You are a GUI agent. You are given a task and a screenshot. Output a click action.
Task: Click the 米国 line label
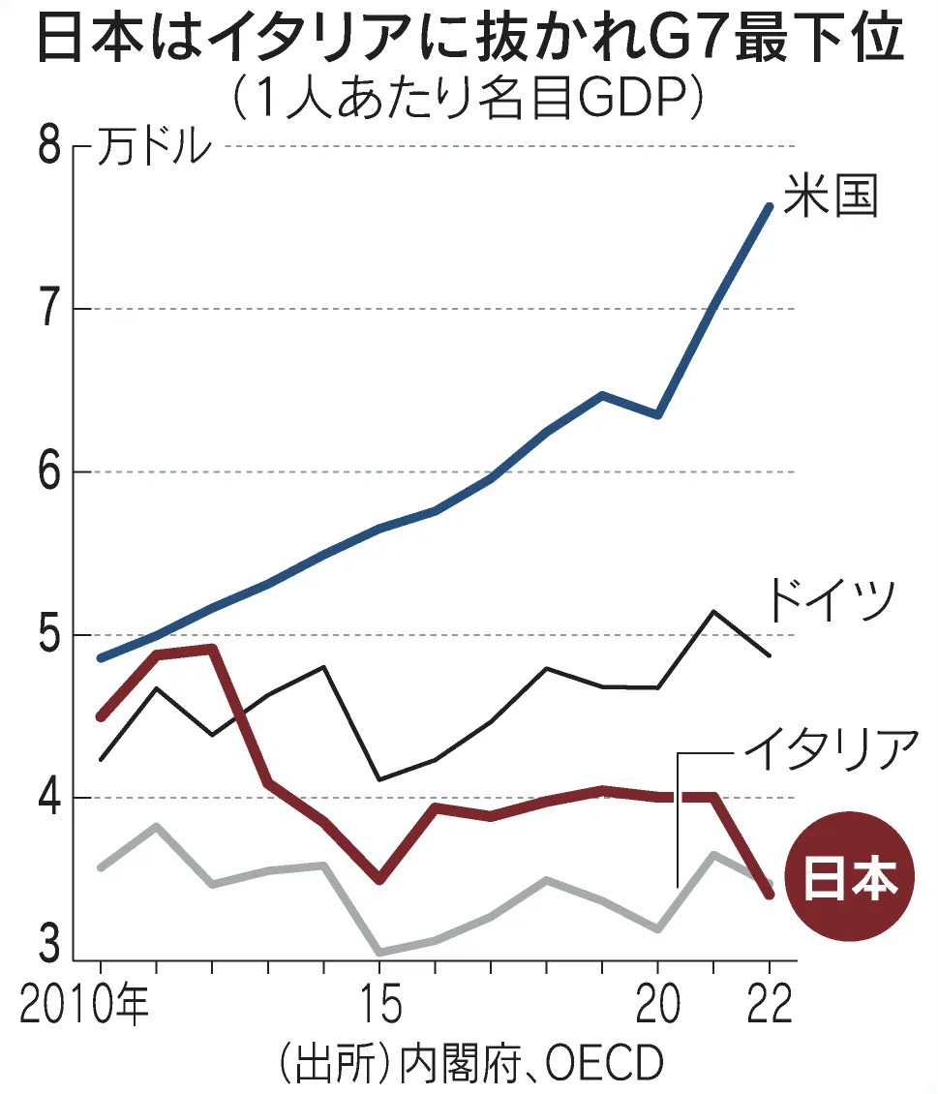(831, 196)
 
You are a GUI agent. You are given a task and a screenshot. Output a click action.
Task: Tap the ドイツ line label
(829, 602)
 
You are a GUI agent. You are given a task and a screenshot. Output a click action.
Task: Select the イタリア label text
(830, 749)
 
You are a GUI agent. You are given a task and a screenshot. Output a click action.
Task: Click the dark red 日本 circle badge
(849, 878)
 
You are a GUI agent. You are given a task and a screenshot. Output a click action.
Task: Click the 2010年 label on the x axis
(85, 1007)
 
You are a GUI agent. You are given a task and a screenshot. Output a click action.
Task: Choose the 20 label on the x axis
(658, 1007)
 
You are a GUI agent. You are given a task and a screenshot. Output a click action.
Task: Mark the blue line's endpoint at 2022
(770, 206)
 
